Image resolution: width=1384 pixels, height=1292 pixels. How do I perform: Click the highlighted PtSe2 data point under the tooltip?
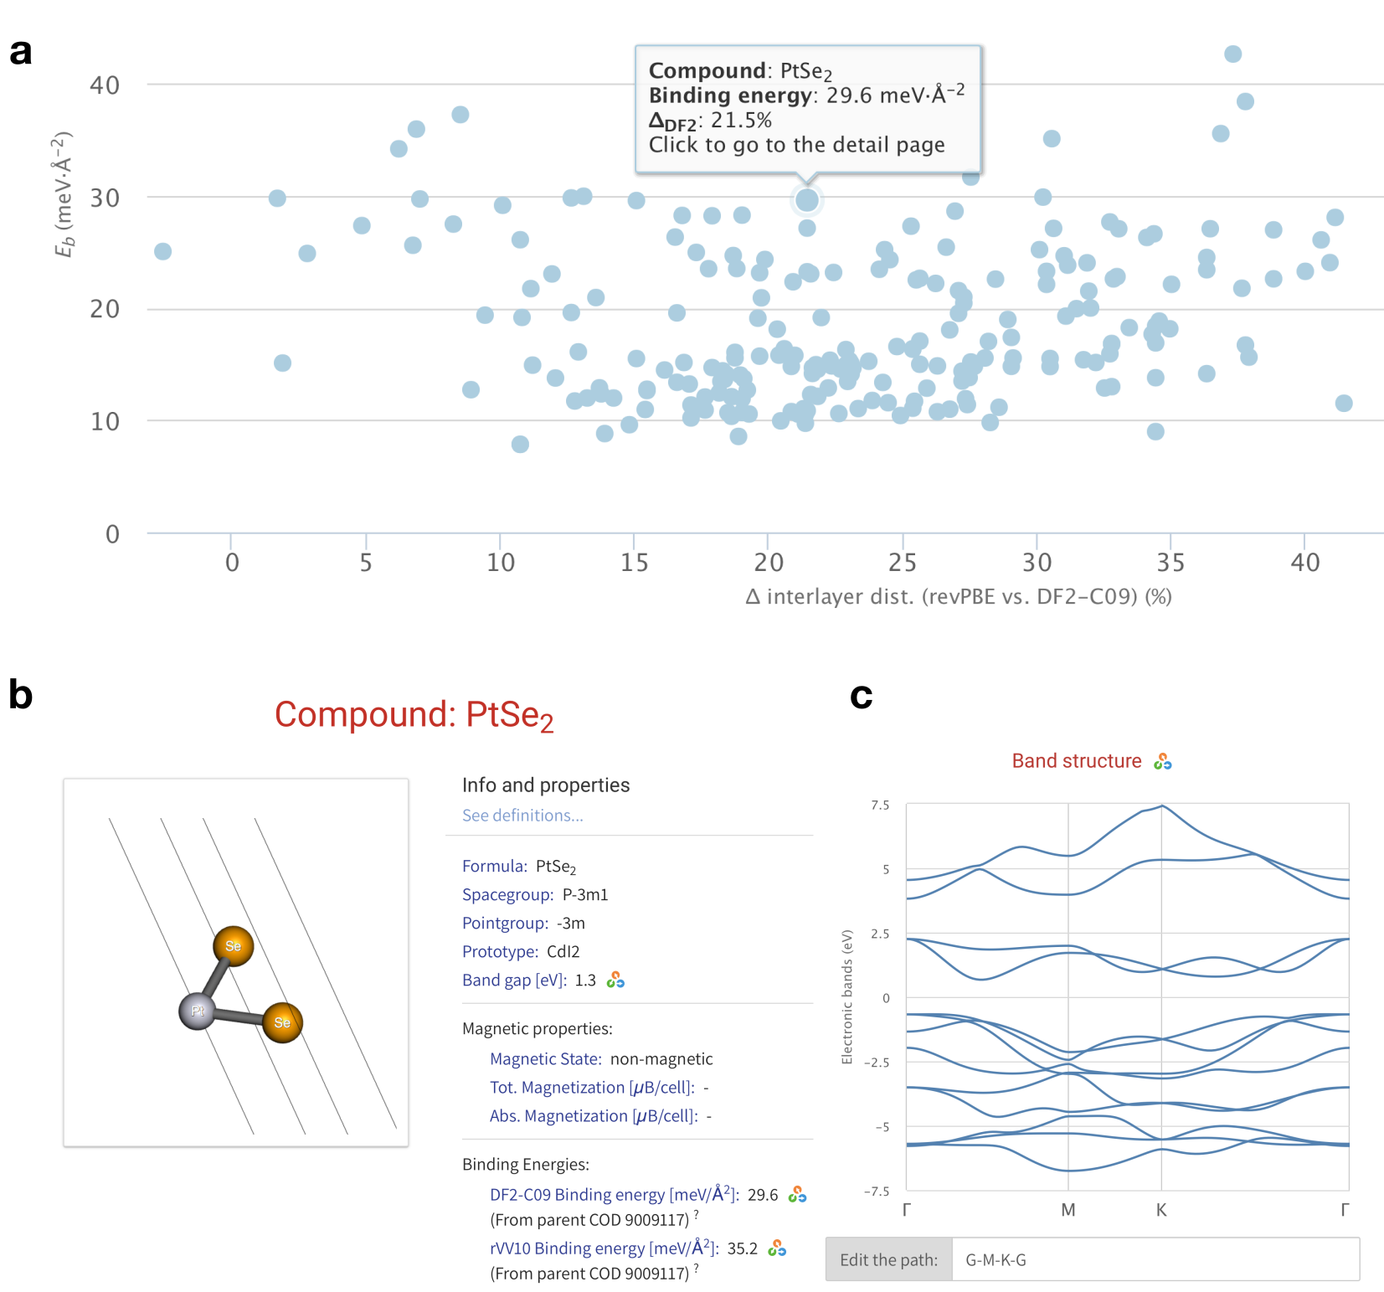pyautogui.click(x=806, y=200)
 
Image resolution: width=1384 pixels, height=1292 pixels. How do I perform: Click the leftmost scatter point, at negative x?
pyautogui.click(x=162, y=251)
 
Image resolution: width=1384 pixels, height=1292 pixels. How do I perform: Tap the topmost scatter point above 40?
pyautogui.click(x=1232, y=54)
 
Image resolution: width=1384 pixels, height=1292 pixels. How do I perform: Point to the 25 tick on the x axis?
pyautogui.click(x=902, y=562)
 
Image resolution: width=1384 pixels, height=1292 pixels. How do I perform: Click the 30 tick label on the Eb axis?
pyautogui.click(x=105, y=198)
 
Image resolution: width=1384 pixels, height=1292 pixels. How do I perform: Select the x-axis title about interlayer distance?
pyautogui.click(x=958, y=597)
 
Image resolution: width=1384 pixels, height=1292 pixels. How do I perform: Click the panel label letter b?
pyautogui.click(x=20, y=695)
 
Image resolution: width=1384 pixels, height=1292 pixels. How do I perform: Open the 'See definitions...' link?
pyautogui.click(x=522, y=815)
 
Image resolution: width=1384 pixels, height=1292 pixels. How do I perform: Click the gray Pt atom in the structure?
pyautogui.click(x=197, y=1011)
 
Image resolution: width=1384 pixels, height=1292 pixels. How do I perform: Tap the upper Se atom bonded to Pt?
pyautogui.click(x=233, y=946)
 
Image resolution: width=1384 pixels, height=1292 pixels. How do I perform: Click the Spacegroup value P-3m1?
pyautogui.click(x=584, y=894)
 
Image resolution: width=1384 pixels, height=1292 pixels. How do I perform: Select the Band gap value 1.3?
pyautogui.click(x=584, y=980)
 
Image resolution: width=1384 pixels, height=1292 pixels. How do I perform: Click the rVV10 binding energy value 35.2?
pyautogui.click(x=742, y=1248)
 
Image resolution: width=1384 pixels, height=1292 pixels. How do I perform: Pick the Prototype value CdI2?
pyautogui.click(x=563, y=951)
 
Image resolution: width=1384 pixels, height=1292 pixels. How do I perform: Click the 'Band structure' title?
pyautogui.click(x=1076, y=760)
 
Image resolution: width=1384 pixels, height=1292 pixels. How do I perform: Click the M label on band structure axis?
pyautogui.click(x=1068, y=1210)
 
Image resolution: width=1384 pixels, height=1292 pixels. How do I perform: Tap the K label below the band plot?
pyautogui.click(x=1160, y=1210)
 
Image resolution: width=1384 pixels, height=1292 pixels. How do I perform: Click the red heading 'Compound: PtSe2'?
pyautogui.click(x=414, y=715)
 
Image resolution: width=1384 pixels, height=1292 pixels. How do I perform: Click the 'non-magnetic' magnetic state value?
pyautogui.click(x=661, y=1058)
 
